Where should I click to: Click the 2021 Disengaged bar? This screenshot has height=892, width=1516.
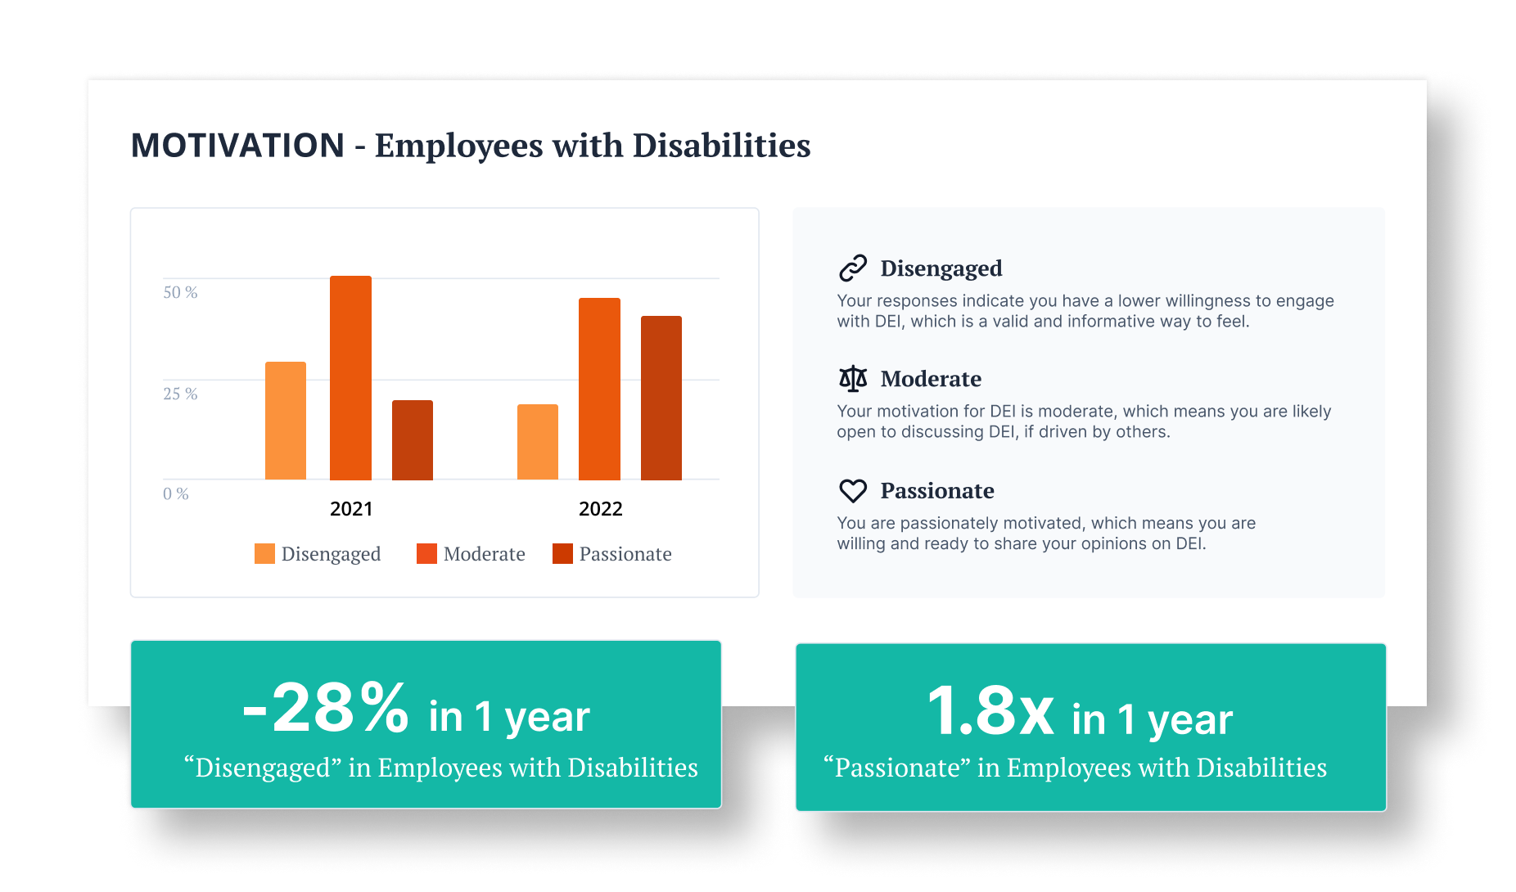click(286, 421)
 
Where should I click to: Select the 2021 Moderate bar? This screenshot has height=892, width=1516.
click(350, 378)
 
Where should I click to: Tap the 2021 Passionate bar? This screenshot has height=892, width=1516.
click(413, 440)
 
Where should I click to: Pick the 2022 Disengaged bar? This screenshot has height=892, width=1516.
click(538, 442)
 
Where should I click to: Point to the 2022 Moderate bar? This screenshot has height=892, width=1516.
click(599, 389)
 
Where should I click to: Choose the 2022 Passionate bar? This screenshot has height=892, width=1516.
click(661, 398)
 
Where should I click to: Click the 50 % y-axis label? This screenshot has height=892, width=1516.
click(180, 292)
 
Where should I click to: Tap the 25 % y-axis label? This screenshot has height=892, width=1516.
click(180, 394)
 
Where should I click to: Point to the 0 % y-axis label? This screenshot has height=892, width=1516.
click(176, 493)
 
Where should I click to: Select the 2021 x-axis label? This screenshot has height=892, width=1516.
click(351, 509)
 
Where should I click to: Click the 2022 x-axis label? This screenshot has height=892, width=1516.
click(601, 509)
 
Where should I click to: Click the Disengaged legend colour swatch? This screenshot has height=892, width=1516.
click(264, 554)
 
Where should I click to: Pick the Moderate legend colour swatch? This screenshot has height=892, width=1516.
click(426, 554)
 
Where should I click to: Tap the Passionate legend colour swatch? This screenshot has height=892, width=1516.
click(562, 554)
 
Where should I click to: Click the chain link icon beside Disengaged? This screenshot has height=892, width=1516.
click(853, 268)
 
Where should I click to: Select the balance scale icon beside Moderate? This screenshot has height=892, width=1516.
click(853, 379)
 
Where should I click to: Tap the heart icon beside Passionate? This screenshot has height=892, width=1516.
click(853, 491)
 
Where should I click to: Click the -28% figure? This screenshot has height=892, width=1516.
click(326, 709)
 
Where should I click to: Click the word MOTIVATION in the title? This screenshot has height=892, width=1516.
click(237, 146)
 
